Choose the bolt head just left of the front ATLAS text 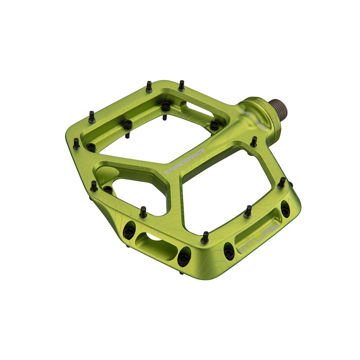(x=228, y=252)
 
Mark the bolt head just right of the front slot (x=183, y=259)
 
